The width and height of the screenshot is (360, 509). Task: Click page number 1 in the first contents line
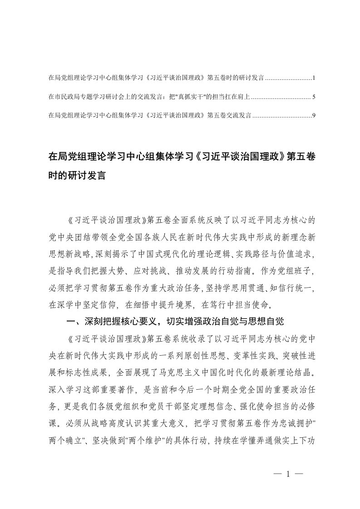[314, 78]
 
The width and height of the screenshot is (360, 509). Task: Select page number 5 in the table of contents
[314, 97]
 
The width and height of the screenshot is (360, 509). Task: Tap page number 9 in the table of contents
[314, 116]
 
